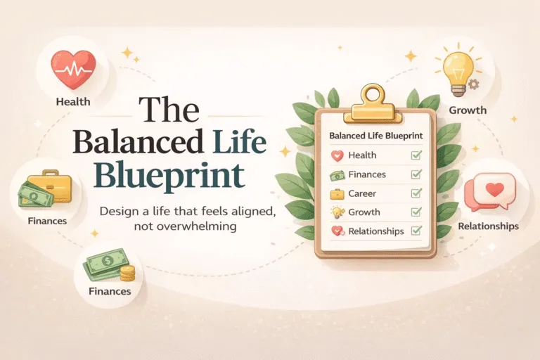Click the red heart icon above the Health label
pyautogui.click(x=73, y=69)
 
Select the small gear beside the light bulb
pyautogui.click(x=474, y=84)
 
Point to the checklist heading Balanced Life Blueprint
pyautogui.click(x=370, y=136)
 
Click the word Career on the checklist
pyautogui.click(x=361, y=193)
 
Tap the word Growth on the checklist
pyautogui.click(x=364, y=212)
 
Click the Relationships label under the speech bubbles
pyautogui.click(x=488, y=226)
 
